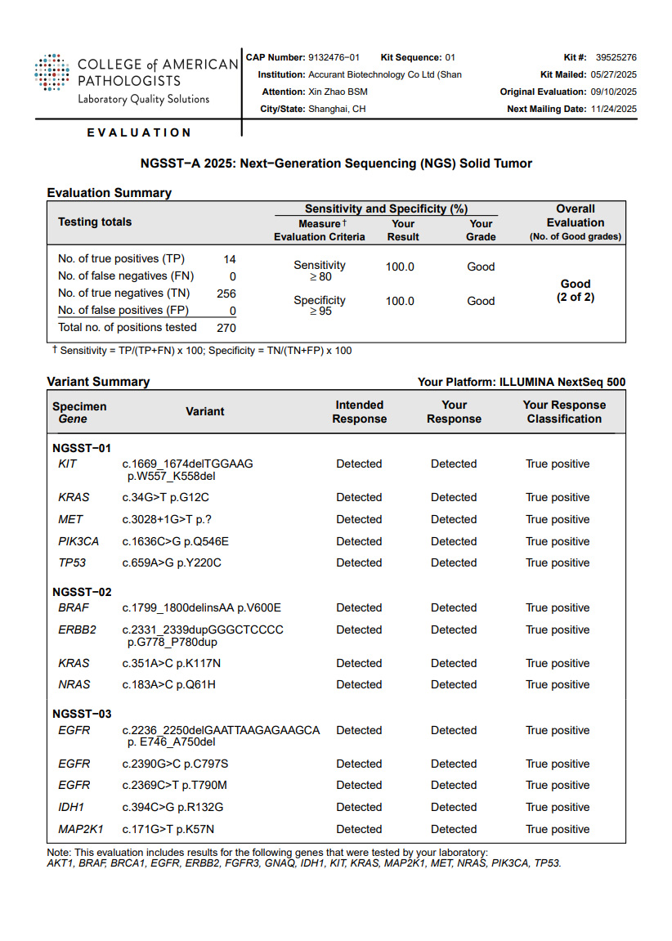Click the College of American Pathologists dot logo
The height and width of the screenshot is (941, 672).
52,74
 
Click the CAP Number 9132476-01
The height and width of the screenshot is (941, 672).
334,57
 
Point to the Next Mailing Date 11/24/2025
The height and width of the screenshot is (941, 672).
613,109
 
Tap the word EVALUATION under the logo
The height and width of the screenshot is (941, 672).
139,132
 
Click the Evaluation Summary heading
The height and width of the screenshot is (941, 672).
109,193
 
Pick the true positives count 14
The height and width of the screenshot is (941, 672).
230,259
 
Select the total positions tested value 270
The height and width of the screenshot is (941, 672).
226,328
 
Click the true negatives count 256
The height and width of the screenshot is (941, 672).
226,294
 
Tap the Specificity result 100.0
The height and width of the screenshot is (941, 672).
400,302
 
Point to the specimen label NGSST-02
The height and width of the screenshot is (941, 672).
82,592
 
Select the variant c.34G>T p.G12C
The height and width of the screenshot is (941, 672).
166,497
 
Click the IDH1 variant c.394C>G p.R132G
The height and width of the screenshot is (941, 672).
173,807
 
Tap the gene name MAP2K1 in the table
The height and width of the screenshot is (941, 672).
81,829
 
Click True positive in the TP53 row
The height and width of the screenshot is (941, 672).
558,563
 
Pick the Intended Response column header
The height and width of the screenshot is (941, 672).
359,412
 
